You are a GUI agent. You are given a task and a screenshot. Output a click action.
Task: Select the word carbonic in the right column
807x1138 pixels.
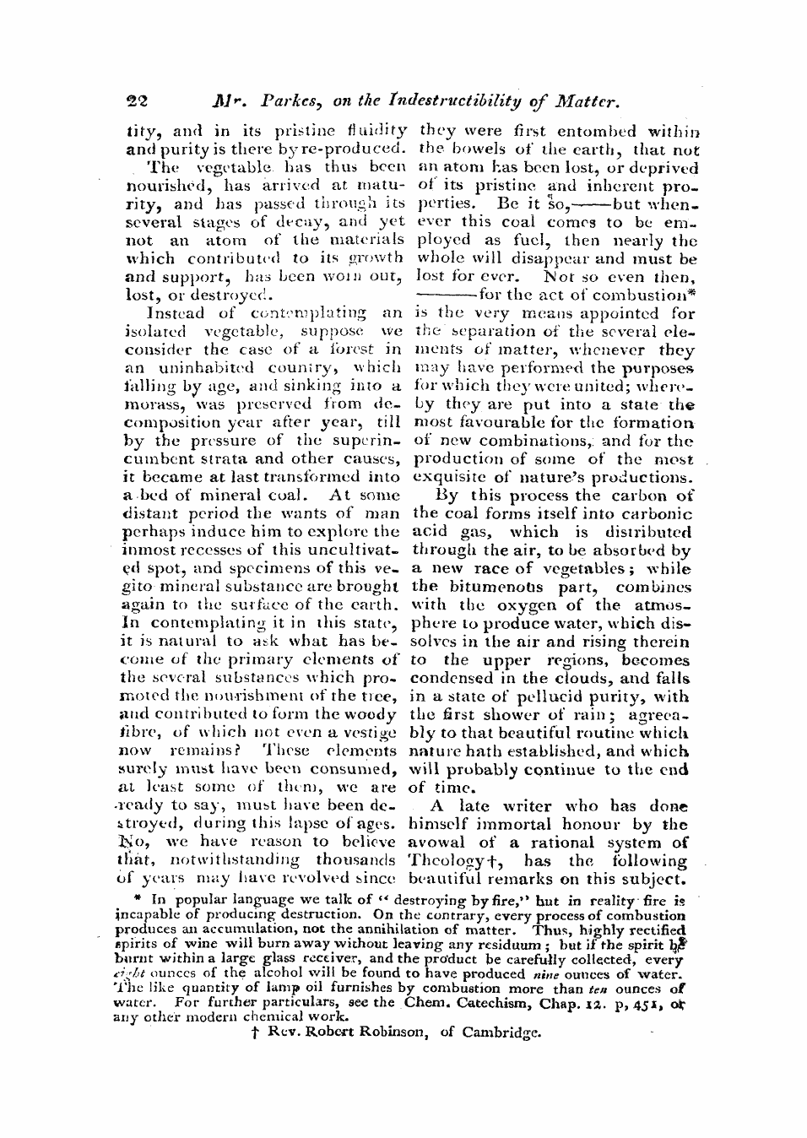(657, 514)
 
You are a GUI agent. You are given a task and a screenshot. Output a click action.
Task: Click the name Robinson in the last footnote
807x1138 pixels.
(381, 1032)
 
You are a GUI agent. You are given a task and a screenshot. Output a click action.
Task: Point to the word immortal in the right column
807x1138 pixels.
(521, 824)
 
